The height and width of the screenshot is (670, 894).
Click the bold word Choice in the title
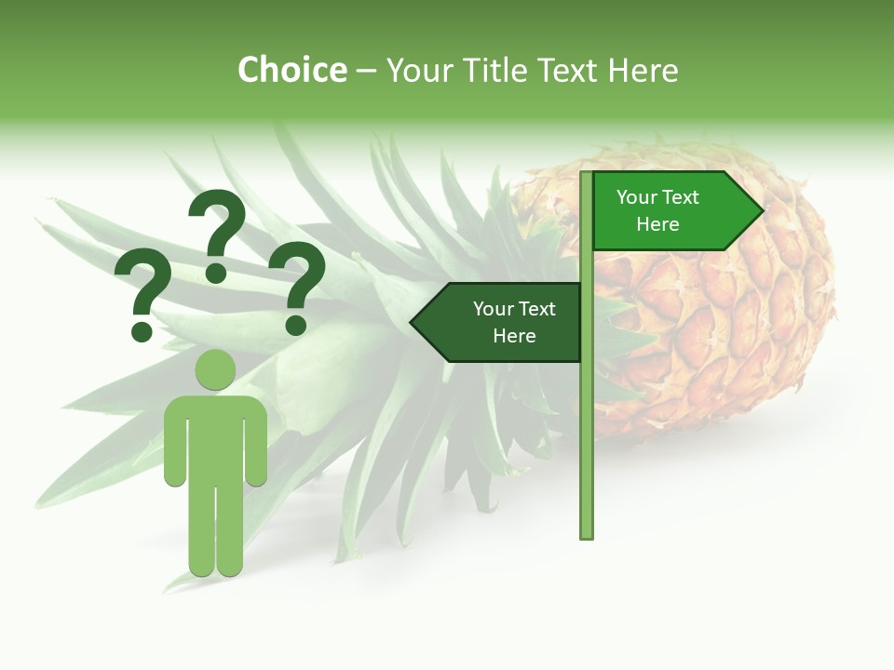291,70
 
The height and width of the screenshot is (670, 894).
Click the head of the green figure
215,370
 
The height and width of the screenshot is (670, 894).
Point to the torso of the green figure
215,437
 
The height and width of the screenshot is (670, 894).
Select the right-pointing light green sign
666,211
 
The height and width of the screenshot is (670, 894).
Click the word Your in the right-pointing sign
636,197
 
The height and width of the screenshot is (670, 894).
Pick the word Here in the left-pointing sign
514,336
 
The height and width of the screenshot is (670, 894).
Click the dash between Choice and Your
366,71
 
